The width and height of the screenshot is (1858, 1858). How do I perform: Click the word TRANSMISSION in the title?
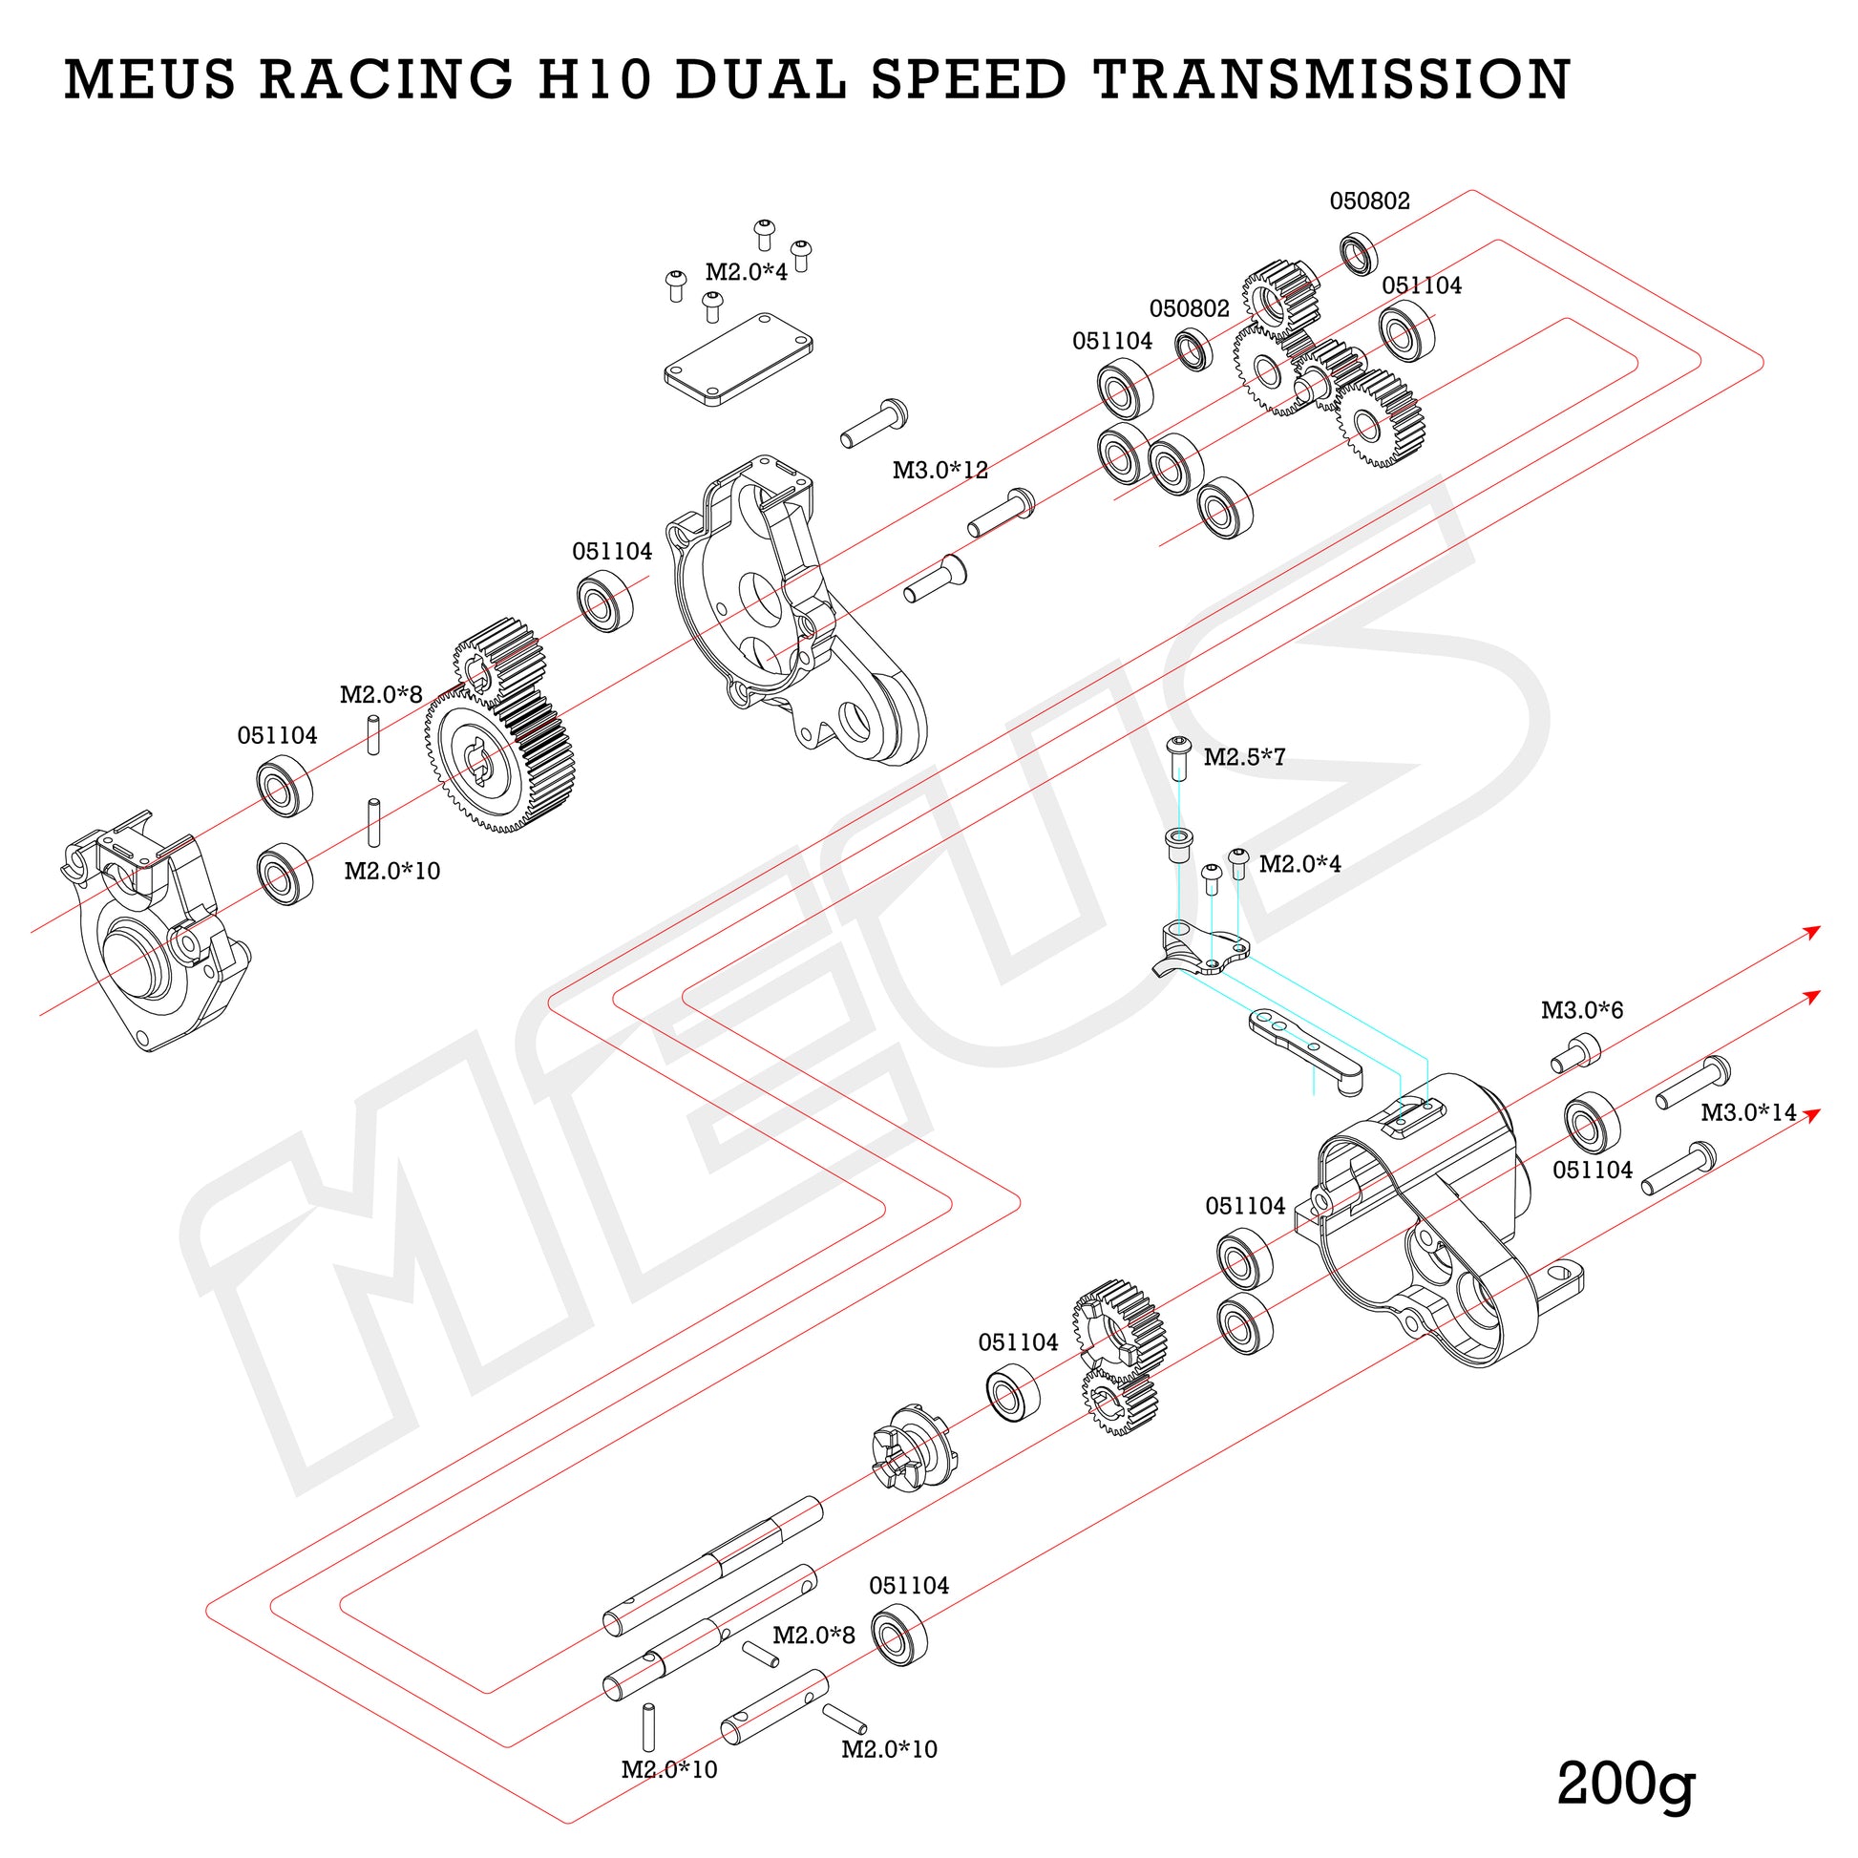(1331, 79)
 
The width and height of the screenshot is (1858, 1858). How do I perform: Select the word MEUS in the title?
(149, 79)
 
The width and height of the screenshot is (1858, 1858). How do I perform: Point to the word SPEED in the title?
(969, 79)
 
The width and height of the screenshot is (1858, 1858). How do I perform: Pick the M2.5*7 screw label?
(1243, 757)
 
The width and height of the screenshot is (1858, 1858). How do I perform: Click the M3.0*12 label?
(940, 471)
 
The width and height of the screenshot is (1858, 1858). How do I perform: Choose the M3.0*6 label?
(1582, 1010)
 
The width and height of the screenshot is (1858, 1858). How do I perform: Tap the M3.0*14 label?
(1748, 1112)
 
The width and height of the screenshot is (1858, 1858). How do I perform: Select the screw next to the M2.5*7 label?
(1179, 756)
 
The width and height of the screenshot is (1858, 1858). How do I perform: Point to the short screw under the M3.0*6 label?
(1574, 1053)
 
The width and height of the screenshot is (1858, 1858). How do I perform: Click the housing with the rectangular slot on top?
(1424, 1221)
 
